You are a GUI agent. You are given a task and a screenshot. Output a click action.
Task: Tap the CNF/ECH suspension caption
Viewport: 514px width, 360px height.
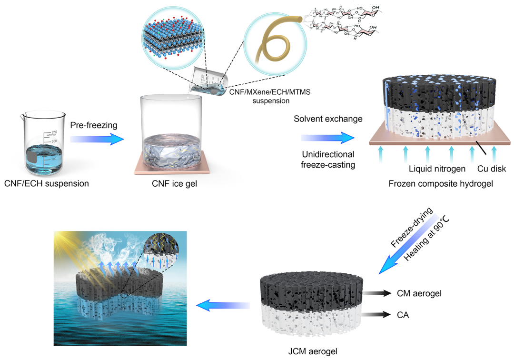pos(46,182)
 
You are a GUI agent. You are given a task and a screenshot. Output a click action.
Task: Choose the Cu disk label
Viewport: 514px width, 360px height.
pos(492,168)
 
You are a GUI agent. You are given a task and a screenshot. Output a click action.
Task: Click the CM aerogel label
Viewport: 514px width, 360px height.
pos(419,293)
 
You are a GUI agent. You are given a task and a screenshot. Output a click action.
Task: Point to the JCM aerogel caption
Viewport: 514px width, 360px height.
pos(312,351)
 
